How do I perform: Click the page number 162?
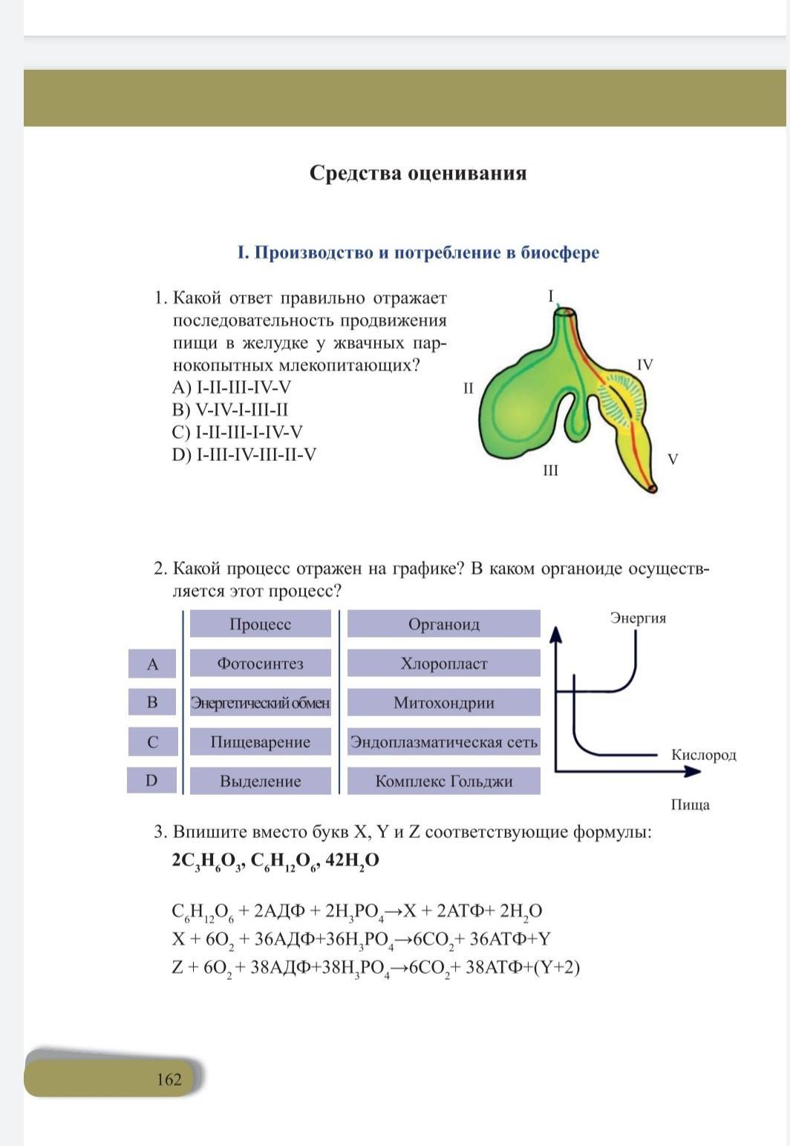[x=169, y=1079]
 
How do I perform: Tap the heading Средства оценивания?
[x=418, y=173]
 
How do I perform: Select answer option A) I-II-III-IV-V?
[x=232, y=387]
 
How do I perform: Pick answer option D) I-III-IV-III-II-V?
[x=244, y=454]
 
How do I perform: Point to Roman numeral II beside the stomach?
[x=468, y=387]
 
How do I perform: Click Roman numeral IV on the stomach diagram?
[x=644, y=364]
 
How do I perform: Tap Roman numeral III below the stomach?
[x=550, y=471]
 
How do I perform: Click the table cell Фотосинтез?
[x=260, y=664]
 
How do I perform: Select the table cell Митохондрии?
[x=443, y=703]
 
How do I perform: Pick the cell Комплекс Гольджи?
[x=443, y=781]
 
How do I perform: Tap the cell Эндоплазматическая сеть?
[x=443, y=741]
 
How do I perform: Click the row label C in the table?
[x=152, y=741]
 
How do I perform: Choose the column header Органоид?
[x=443, y=624]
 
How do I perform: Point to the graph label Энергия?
[x=638, y=618]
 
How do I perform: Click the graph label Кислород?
[x=703, y=755]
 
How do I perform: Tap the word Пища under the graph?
[x=690, y=805]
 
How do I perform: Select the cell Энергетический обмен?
[x=260, y=703]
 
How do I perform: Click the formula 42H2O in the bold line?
[x=352, y=859]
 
